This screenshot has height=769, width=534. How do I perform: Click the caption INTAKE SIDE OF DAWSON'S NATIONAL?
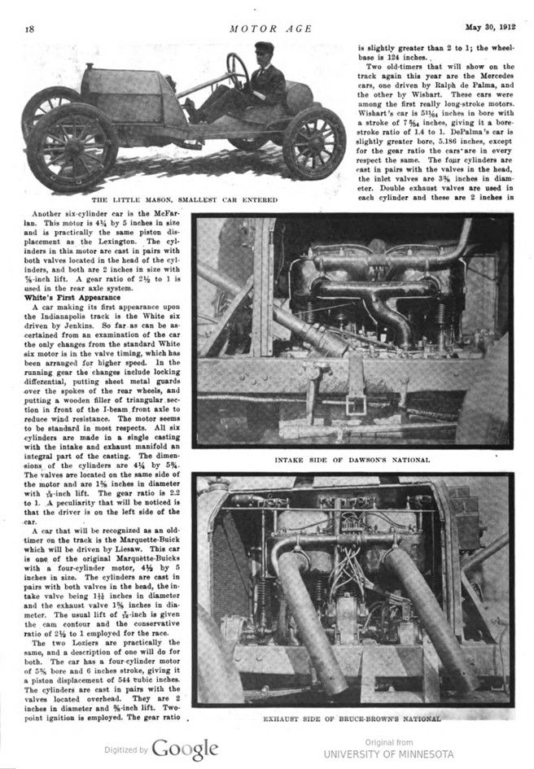point(352,460)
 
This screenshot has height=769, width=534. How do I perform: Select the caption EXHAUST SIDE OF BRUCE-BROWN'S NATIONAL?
point(352,719)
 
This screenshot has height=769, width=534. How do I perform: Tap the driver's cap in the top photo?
point(265,48)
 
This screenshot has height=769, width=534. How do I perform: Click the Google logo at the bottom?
point(185,749)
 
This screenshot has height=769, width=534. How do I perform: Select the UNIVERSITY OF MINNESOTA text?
point(388,754)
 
